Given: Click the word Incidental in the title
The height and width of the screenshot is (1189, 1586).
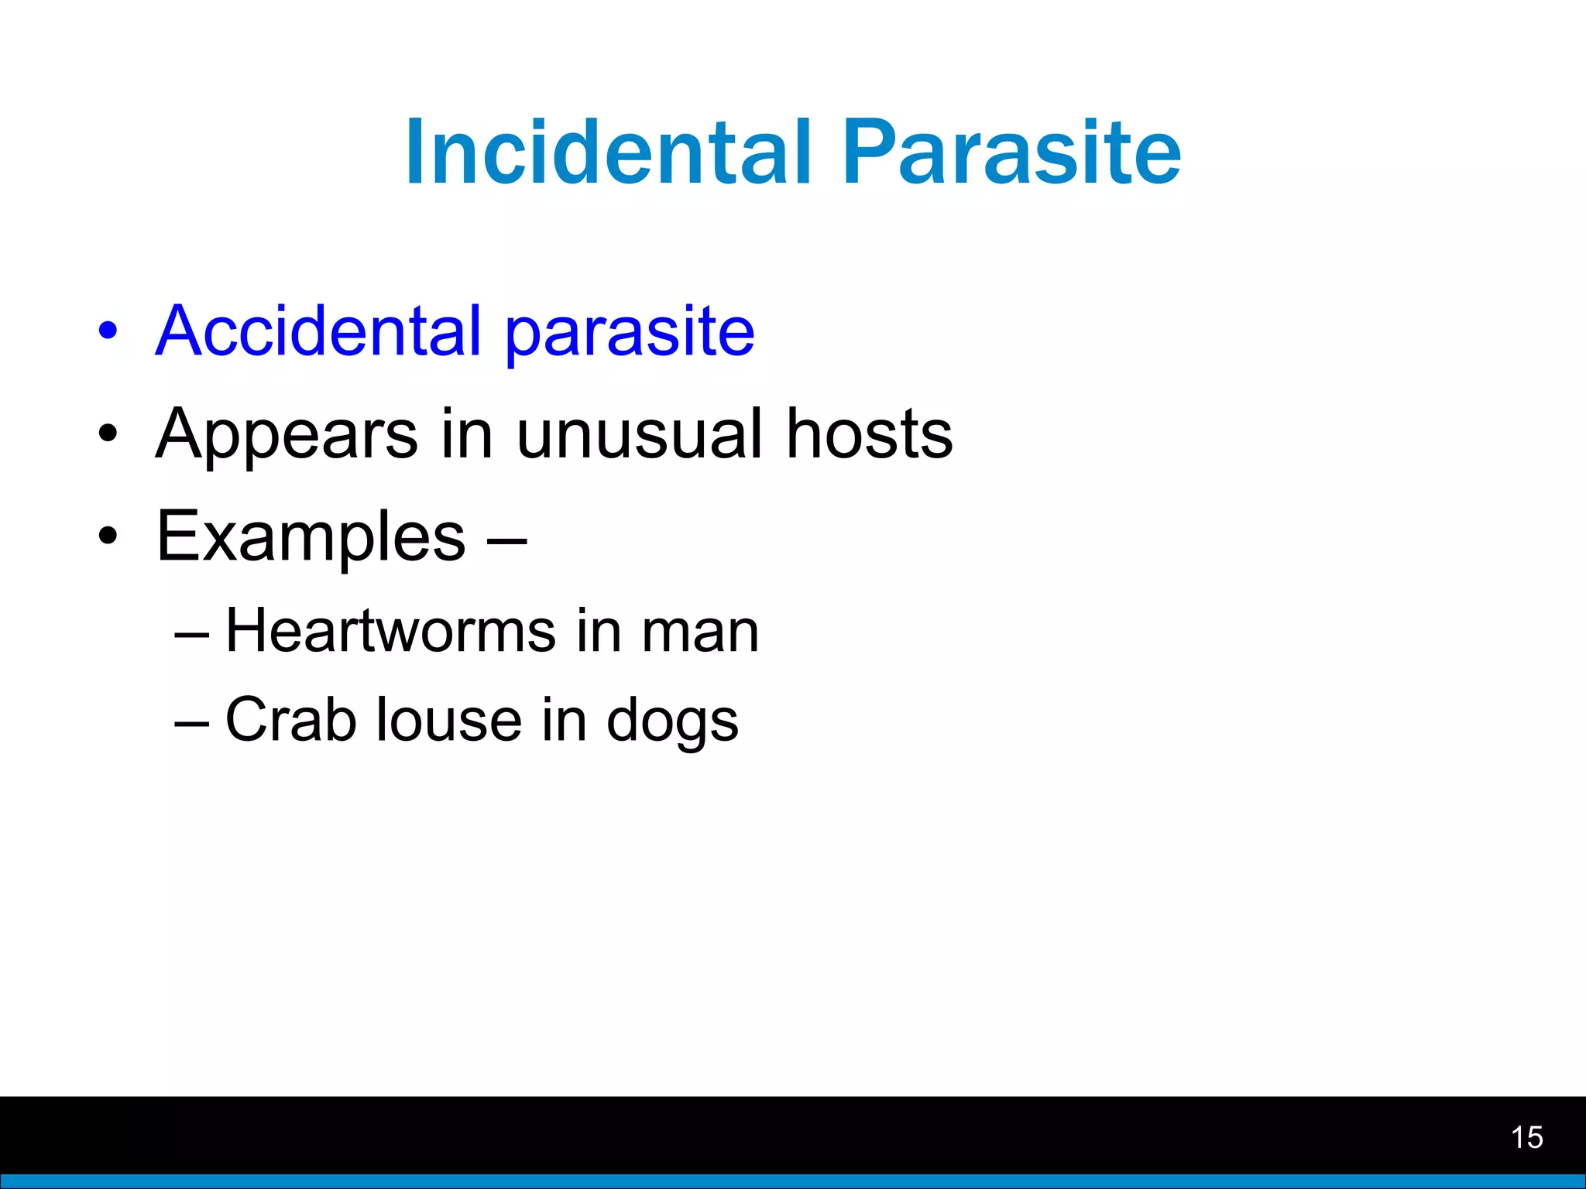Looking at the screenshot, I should pyautogui.click(x=609, y=152).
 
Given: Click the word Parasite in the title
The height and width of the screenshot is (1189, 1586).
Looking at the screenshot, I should pyautogui.click(x=1011, y=152).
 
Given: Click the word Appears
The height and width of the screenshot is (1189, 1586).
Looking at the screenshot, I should pyautogui.click(x=287, y=436).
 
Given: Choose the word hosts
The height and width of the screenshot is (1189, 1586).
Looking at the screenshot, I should pyautogui.click(x=869, y=434).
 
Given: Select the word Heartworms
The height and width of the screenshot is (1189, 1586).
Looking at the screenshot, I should pyautogui.click(x=390, y=631).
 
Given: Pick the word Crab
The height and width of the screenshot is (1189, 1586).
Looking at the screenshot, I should pyautogui.click(x=290, y=720).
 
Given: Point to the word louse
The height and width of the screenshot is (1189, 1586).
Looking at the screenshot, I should pyautogui.click(x=448, y=720).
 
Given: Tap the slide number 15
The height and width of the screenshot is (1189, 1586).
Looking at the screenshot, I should pyautogui.click(x=1526, y=1137).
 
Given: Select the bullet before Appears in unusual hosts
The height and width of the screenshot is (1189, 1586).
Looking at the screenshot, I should pyautogui.click(x=108, y=434).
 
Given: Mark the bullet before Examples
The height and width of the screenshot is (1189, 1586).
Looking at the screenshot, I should pyautogui.click(x=108, y=536).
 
